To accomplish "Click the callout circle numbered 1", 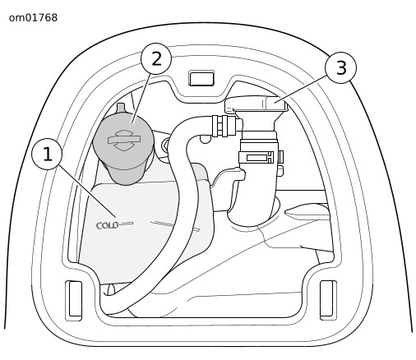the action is pos(47,154).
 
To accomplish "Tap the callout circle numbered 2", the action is pos(156,58).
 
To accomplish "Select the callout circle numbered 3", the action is pos(341,67).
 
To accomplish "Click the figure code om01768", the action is pos(33,18).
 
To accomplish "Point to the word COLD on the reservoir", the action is pos(108,225).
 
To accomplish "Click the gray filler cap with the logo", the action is pos(123,146).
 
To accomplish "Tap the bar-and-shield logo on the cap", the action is pos(124,140).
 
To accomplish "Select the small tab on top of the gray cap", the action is pos(121,108).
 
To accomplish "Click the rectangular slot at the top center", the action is pos(201,78).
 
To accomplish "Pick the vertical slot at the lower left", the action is pos(74,300).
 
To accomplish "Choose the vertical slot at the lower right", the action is pos(328,300).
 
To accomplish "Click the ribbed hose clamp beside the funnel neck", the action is pos(224,126).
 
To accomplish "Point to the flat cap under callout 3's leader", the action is pos(257,104).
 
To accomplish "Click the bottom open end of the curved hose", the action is pos(110,290).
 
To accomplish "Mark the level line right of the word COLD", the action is pos(127,224).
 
